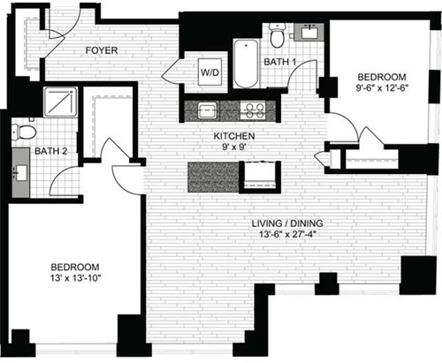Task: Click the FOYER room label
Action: [x=102, y=50]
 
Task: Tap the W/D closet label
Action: [x=210, y=72]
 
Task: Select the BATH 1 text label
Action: [x=281, y=62]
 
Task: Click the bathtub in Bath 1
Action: [x=244, y=64]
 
